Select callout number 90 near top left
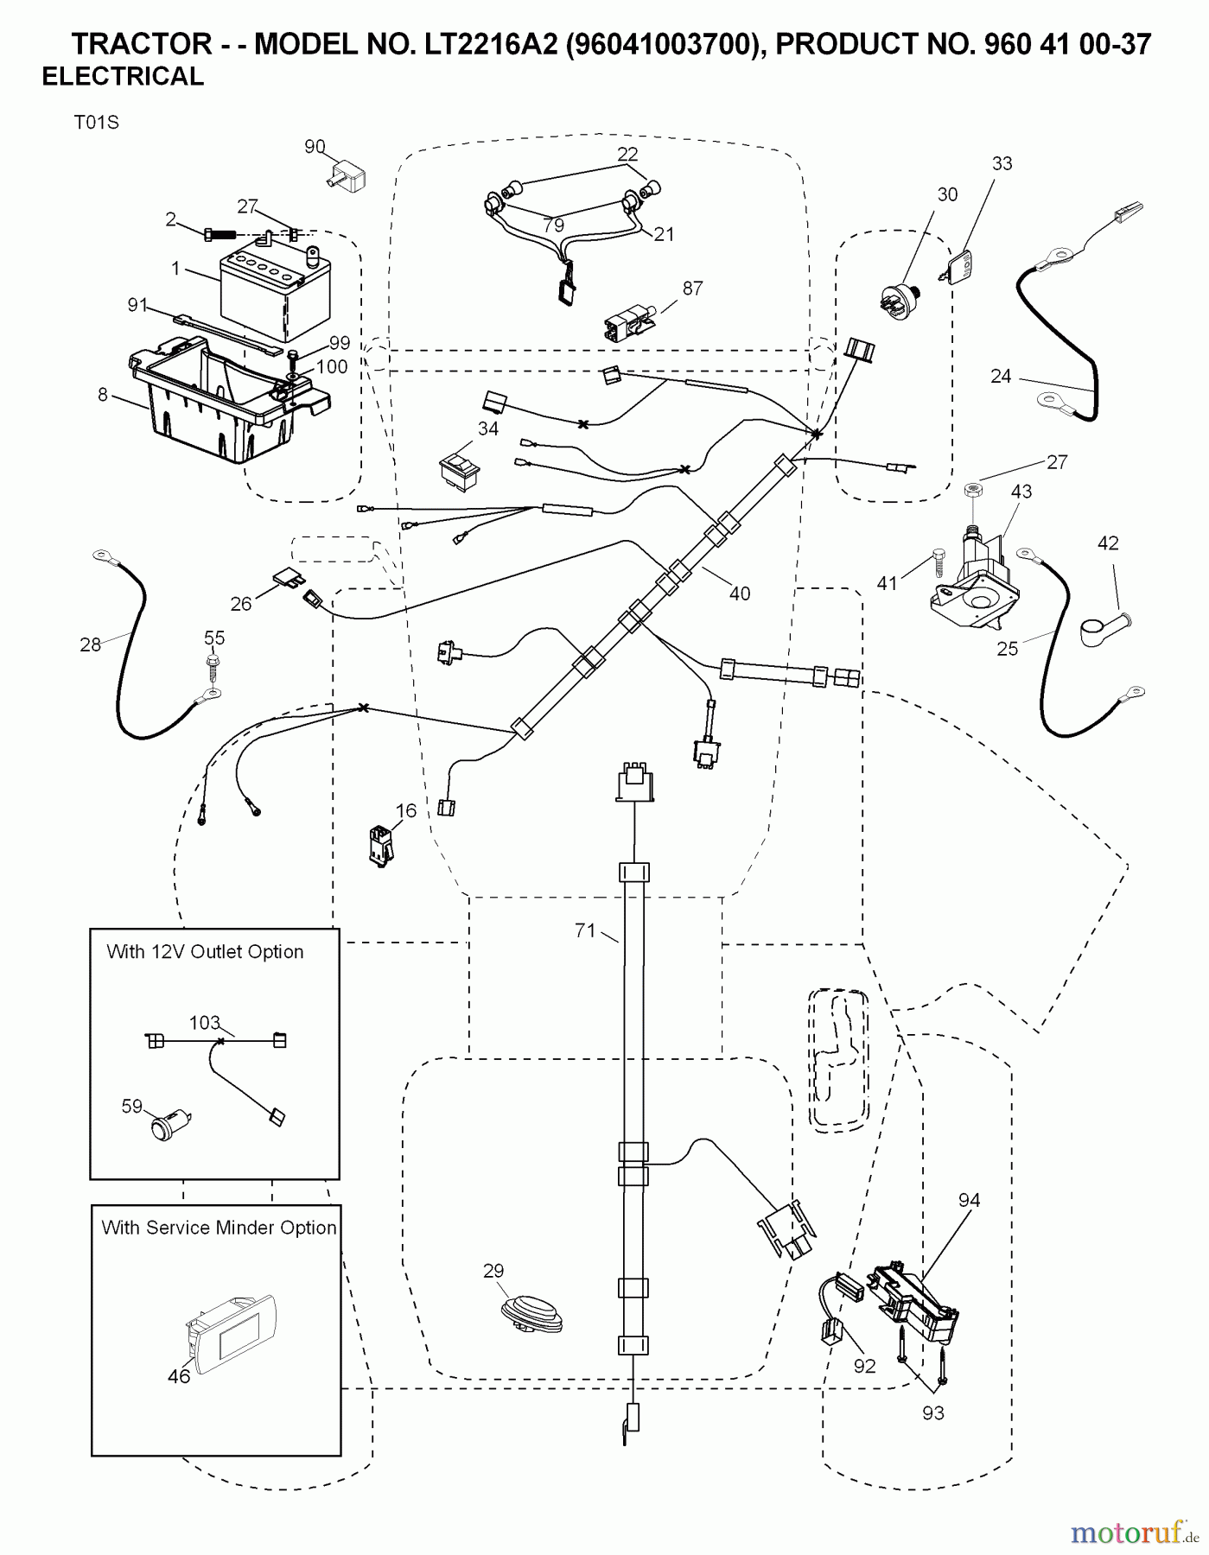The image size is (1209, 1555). [x=315, y=147]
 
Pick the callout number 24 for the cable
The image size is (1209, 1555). [x=1001, y=377]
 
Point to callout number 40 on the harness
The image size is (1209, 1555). [x=739, y=593]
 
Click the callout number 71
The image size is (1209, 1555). [x=585, y=930]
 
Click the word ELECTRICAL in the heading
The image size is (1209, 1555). [x=123, y=77]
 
